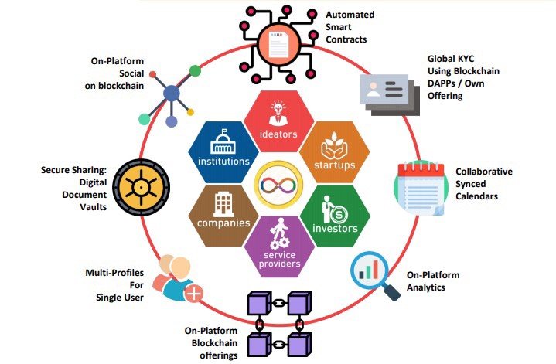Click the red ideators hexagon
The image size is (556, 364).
279,121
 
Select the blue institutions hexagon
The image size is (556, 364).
223,152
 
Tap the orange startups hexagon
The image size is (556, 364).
334,152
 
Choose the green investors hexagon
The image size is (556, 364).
335,216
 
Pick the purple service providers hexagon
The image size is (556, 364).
279,247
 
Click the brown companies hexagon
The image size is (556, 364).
223,216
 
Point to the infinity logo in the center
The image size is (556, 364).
278,185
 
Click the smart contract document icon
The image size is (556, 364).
278,45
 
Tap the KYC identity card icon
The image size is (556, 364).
389,94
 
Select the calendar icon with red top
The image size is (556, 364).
420,188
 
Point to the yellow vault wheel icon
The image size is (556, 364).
142,187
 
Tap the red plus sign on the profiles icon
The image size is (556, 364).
194,293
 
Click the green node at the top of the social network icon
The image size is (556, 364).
195,71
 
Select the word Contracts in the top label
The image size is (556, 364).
346,39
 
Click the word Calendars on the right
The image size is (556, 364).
476,196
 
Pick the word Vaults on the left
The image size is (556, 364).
94,207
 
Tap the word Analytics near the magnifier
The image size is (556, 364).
425,287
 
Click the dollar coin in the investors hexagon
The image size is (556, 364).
339,214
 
